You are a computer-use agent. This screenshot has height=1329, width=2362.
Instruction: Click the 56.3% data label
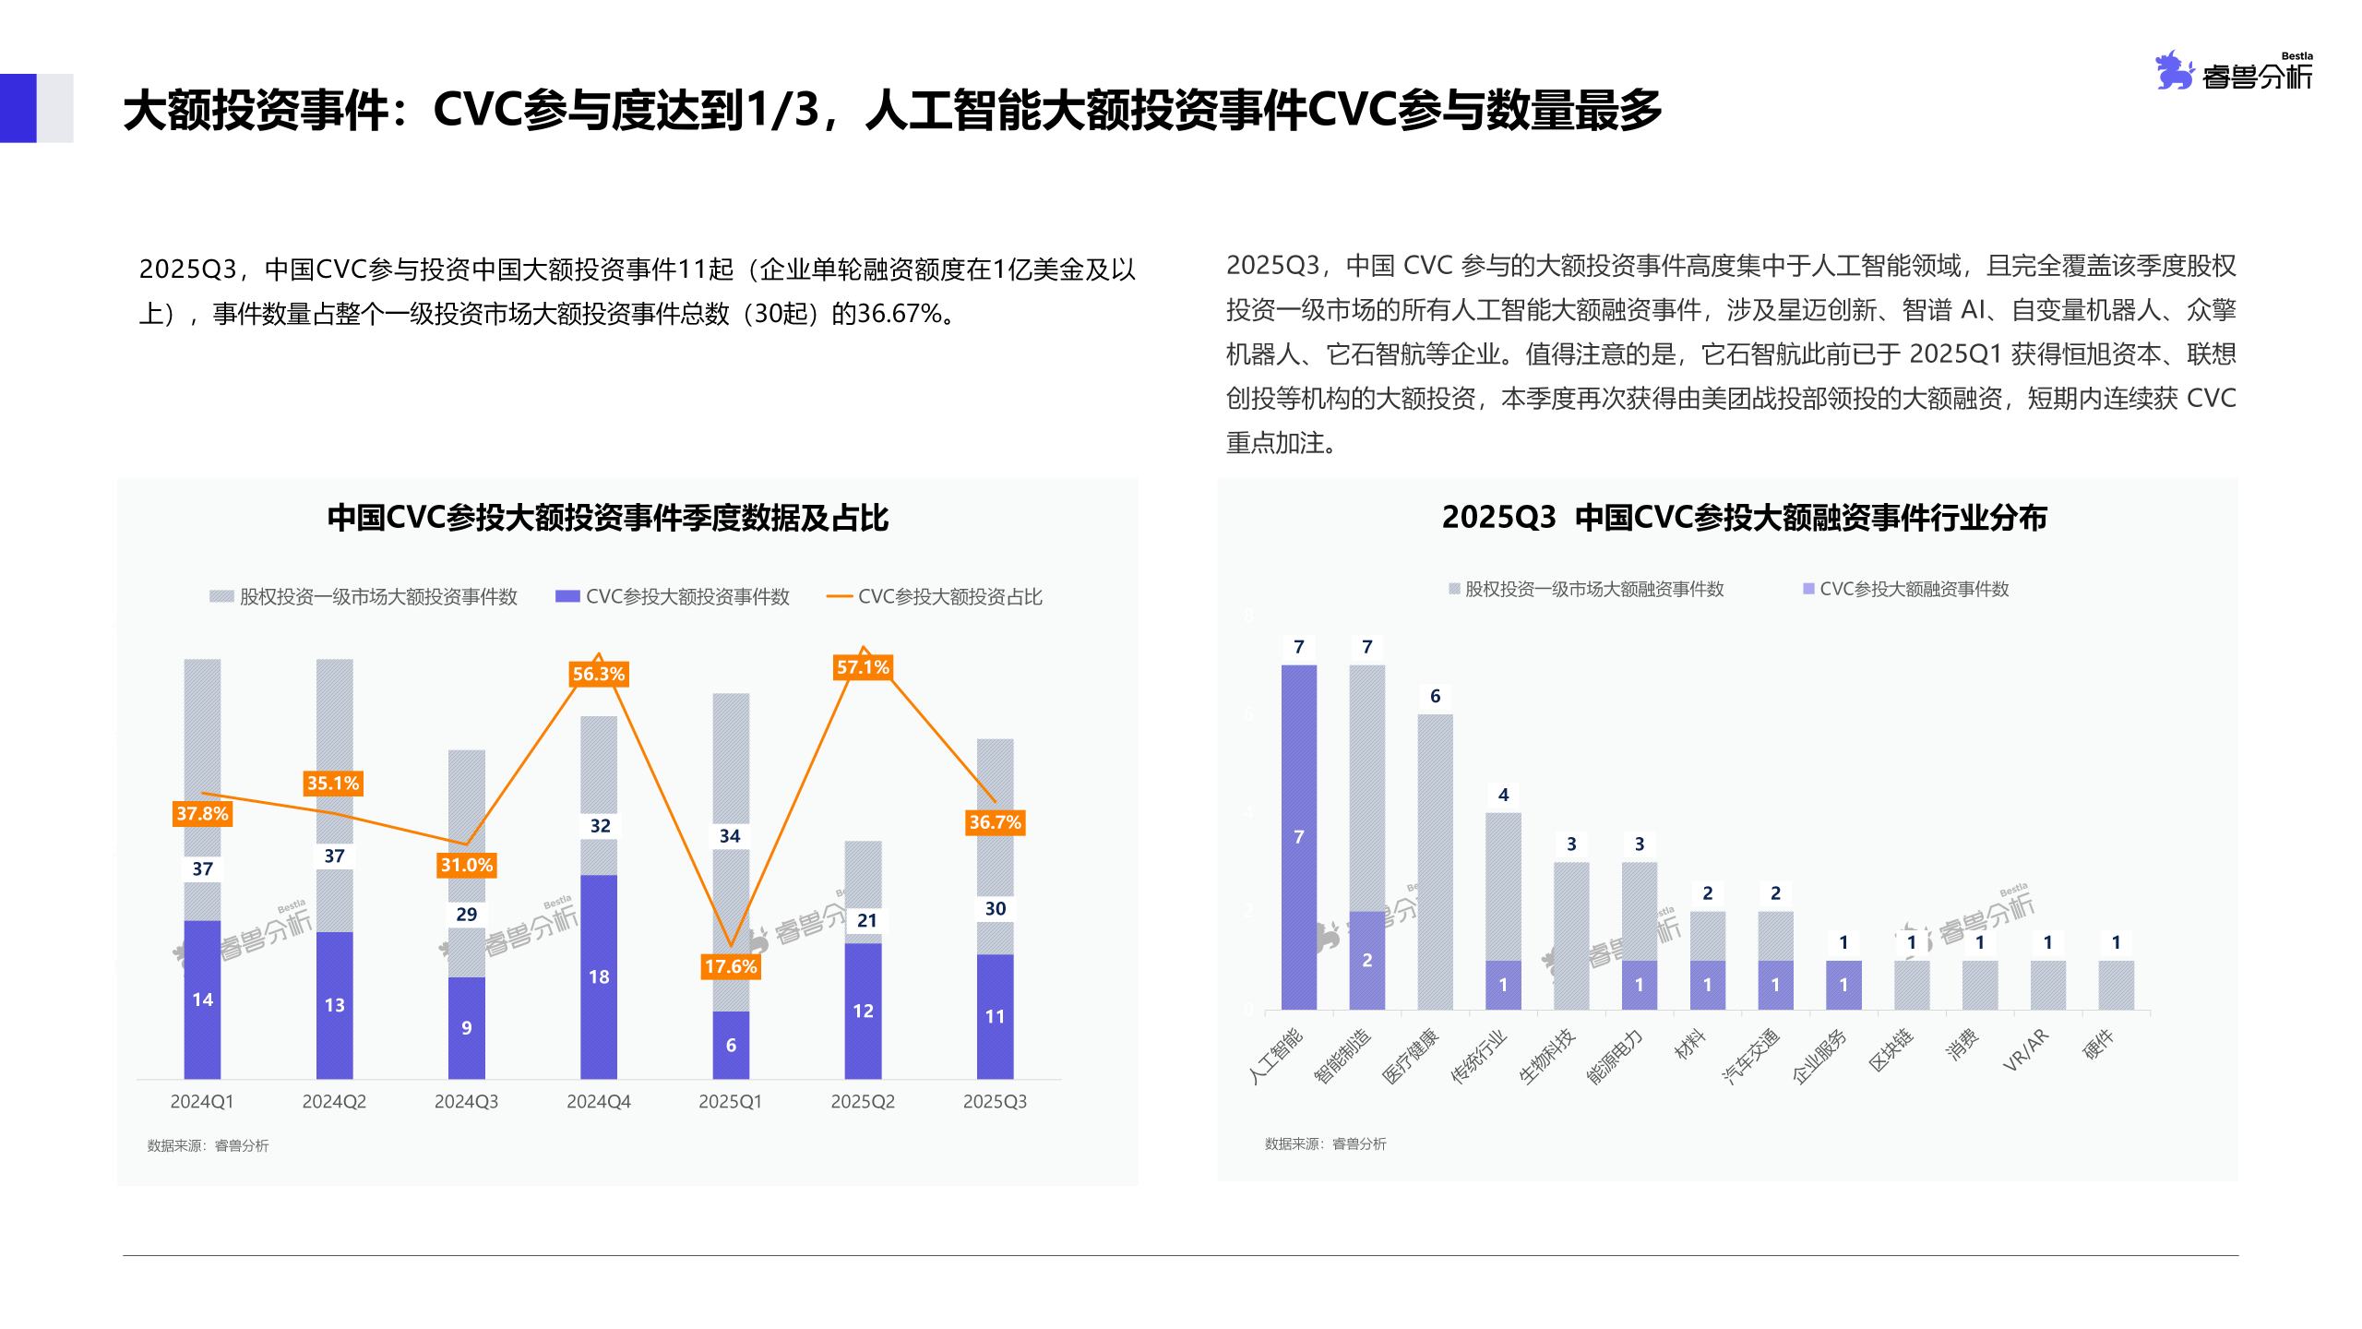pyautogui.click(x=598, y=674)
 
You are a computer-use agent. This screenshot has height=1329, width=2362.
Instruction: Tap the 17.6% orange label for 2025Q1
pyautogui.click(x=731, y=966)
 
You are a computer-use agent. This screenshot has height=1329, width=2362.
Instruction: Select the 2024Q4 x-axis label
pyautogui.click(x=598, y=1101)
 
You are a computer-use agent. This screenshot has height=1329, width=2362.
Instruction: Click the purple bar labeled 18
pyautogui.click(x=598, y=976)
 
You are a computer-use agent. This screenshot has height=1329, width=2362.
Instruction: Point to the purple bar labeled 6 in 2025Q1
pyautogui.click(x=731, y=1045)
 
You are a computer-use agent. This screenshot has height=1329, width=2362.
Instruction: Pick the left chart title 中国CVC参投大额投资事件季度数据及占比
pyautogui.click(x=607, y=518)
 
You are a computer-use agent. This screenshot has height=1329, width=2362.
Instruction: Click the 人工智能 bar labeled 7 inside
pyautogui.click(x=1298, y=836)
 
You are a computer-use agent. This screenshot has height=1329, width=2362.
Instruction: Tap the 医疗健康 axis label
pyautogui.click(x=1410, y=1056)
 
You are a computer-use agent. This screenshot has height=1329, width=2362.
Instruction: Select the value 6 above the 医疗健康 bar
pyautogui.click(x=1435, y=696)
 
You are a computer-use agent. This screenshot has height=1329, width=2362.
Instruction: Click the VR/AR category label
pyautogui.click(x=2026, y=1049)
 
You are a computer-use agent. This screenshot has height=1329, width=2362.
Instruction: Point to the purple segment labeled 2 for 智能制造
pyautogui.click(x=1366, y=960)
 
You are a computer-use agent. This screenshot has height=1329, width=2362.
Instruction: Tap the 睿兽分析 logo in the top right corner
pyautogui.click(x=2234, y=71)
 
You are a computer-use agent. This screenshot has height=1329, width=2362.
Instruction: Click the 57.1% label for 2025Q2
pyautogui.click(x=863, y=666)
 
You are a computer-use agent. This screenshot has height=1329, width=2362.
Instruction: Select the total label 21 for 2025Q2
pyautogui.click(x=866, y=920)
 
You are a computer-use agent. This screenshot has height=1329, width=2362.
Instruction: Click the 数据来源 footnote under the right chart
pyautogui.click(x=1325, y=1143)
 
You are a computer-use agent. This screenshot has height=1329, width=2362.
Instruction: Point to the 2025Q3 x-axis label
pyautogui.click(x=995, y=1101)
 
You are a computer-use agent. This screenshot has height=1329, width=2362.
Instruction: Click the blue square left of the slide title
pyautogui.click(x=18, y=108)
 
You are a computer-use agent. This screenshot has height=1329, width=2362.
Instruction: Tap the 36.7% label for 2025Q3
pyautogui.click(x=995, y=822)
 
